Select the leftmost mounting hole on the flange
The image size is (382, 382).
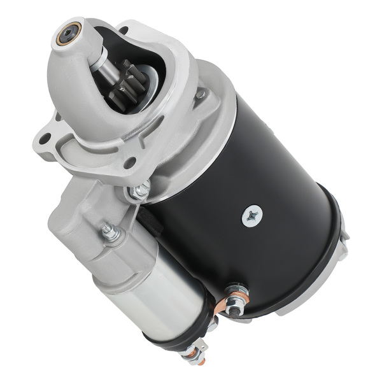(44, 139)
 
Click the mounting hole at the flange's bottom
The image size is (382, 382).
(130, 163)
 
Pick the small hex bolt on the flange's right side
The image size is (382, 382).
(201, 94)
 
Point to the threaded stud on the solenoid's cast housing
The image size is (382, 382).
(110, 232)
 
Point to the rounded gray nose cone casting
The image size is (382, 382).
(76, 76)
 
